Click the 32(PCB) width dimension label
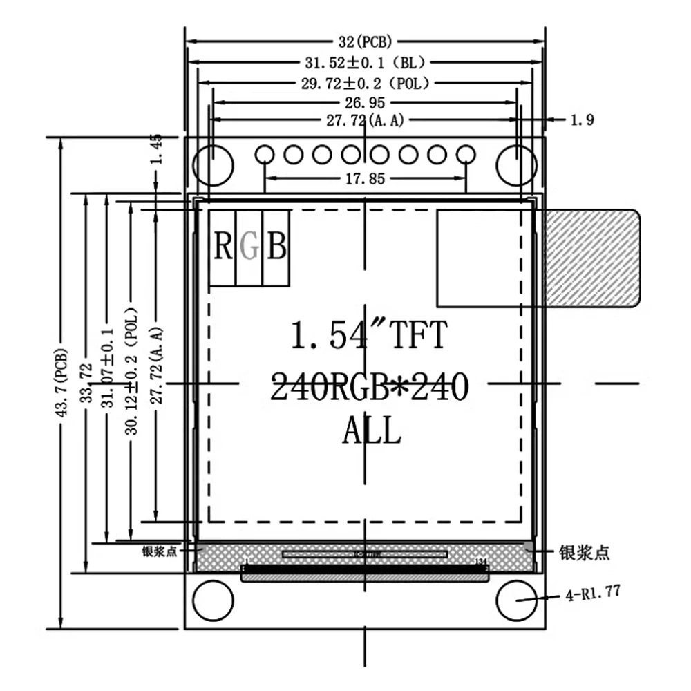click(x=365, y=41)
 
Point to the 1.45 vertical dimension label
click(x=157, y=149)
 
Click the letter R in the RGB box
click(x=223, y=247)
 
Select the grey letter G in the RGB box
click(x=249, y=247)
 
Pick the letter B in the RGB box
click(x=276, y=247)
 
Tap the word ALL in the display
click(x=371, y=432)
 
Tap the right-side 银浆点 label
click(x=584, y=553)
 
